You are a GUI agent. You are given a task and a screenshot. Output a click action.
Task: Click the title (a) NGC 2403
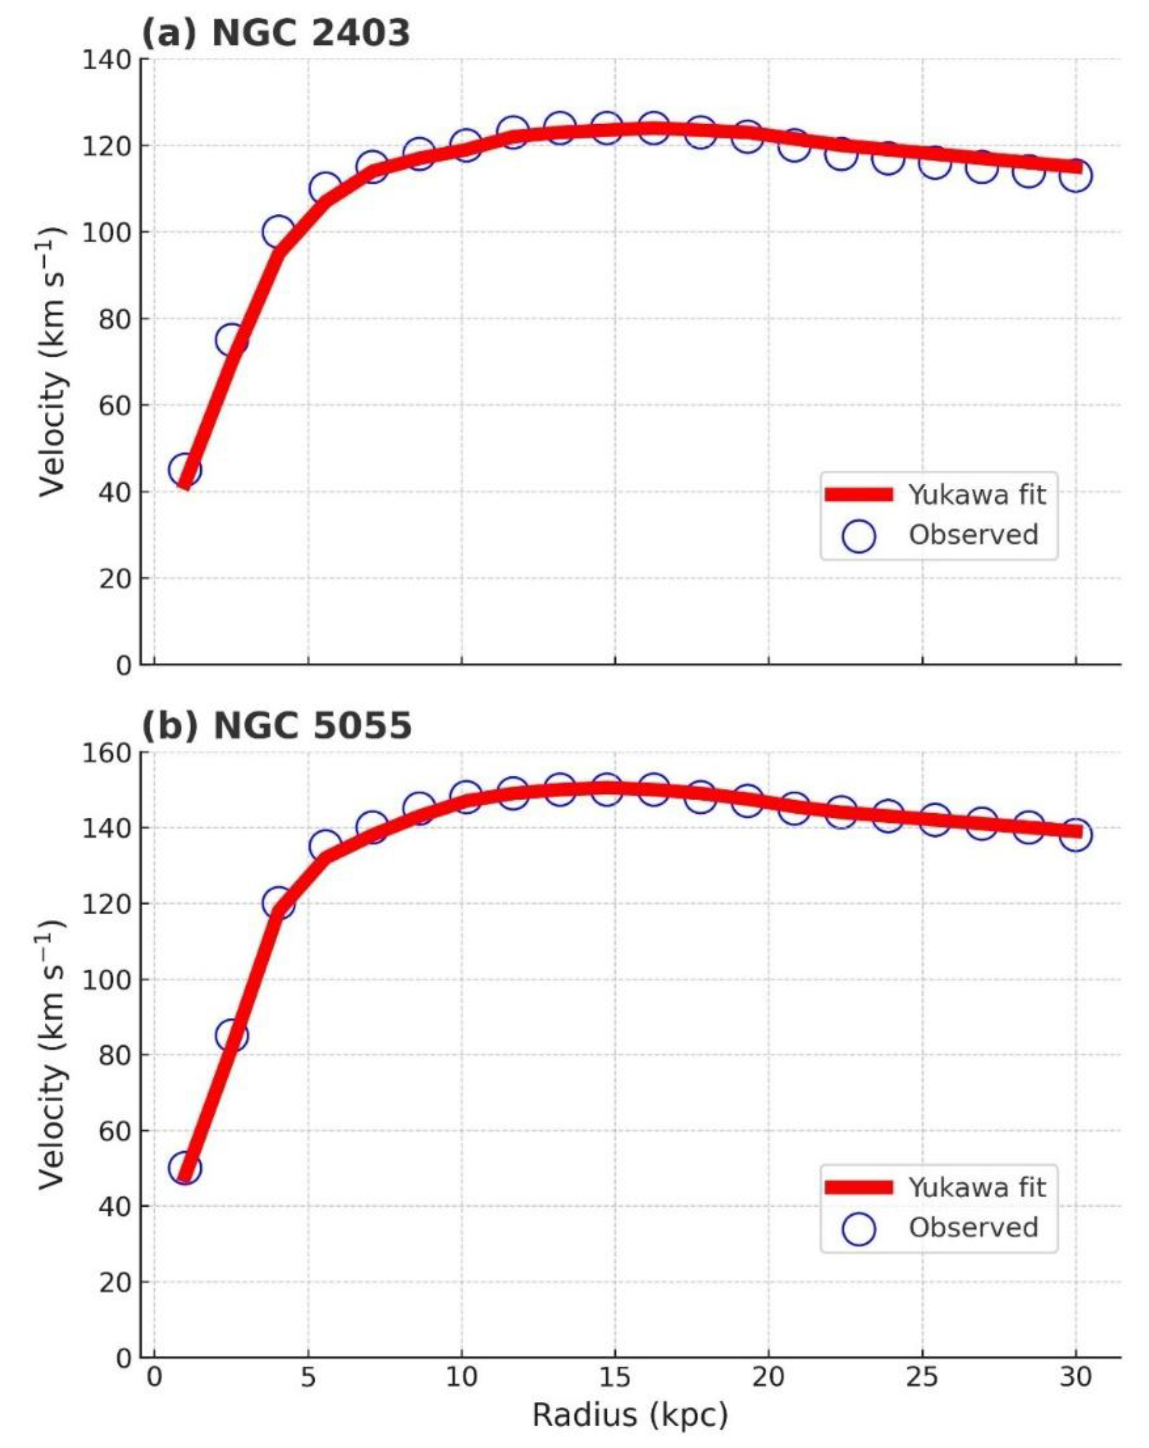(x=275, y=32)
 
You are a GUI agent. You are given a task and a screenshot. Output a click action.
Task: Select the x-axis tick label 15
(x=614, y=1378)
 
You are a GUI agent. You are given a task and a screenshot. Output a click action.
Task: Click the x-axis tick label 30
(x=1075, y=1378)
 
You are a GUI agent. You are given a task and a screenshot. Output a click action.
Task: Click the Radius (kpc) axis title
(x=630, y=1415)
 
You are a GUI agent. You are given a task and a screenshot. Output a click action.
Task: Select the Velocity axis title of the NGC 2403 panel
(x=52, y=363)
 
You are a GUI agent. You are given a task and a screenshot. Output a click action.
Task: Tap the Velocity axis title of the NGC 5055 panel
(x=52, y=1055)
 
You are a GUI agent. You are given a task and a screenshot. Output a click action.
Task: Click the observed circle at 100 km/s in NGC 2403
(x=278, y=232)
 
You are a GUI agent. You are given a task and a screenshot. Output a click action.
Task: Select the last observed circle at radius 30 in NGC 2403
(x=1075, y=176)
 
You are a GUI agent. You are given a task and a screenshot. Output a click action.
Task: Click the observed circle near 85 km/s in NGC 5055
(x=232, y=1036)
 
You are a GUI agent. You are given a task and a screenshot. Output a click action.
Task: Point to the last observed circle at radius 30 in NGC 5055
(x=1075, y=835)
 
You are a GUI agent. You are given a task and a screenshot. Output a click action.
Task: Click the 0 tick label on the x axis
(x=155, y=1378)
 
